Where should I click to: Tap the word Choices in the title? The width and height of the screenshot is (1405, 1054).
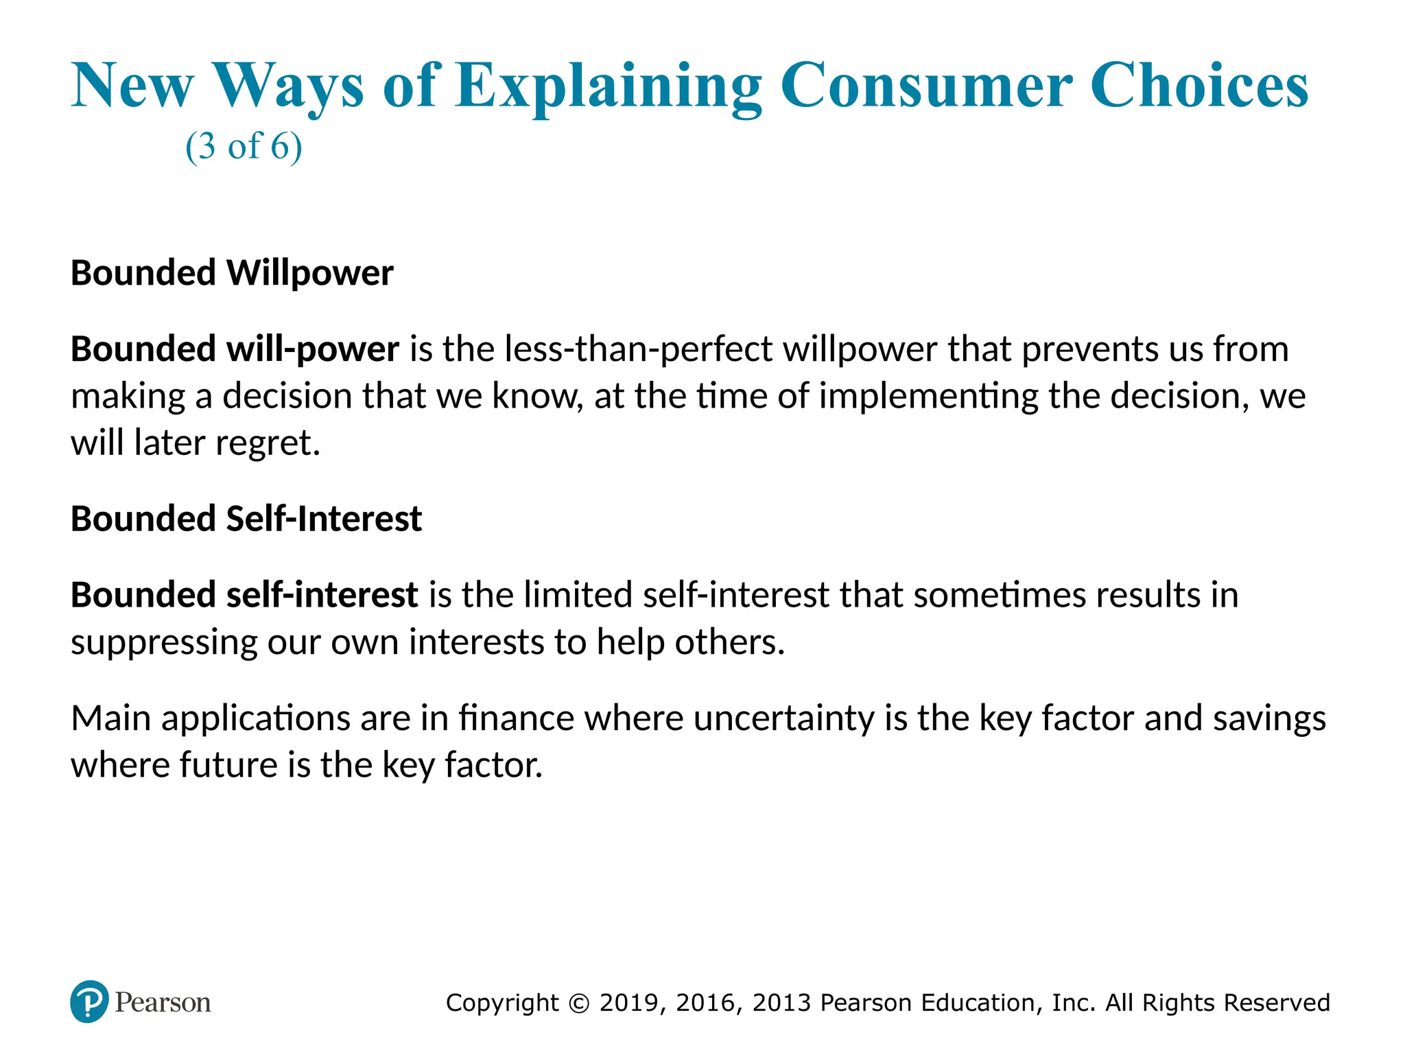(x=1199, y=86)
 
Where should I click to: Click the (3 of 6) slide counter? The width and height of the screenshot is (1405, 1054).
(x=244, y=146)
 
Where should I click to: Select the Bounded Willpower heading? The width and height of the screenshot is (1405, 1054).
(x=232, y=273)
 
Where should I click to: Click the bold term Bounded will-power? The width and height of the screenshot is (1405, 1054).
(x=235, y=349)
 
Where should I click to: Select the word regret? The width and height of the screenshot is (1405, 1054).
(x=268, y=443)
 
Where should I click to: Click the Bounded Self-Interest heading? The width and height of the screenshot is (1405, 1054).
(x=246, y=519)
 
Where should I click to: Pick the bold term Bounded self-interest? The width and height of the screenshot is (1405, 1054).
(x=244, y=595)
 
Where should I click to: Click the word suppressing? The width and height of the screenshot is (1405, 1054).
(x=163, y=643)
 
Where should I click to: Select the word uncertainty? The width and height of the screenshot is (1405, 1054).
(x=783, y=718)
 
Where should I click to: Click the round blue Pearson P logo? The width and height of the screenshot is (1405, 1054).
(x=89, y=1002)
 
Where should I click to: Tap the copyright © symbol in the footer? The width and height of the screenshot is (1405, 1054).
(x=579, y=1003)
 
